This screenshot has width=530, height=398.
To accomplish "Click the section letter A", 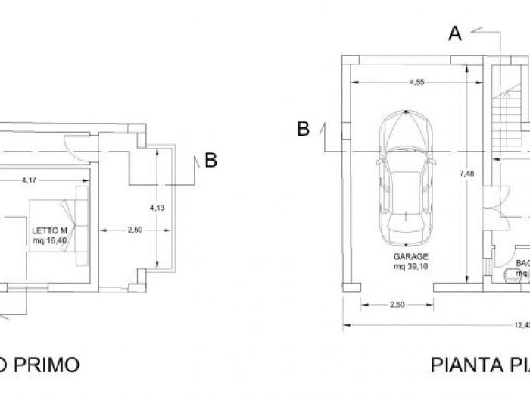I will pos(454,33).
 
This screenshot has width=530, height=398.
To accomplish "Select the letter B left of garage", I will pos(303,130).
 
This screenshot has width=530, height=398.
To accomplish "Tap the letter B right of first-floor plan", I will pos(211,160).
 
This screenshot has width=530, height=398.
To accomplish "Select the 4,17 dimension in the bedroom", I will pos(29,180).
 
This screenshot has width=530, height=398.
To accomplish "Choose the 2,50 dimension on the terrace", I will pos(134,229).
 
